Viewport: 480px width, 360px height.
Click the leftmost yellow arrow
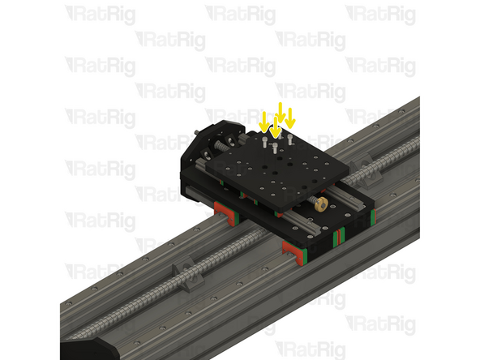coord(264,121)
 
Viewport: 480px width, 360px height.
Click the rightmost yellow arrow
coord(290,119)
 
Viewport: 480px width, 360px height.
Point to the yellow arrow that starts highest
coord(281,112)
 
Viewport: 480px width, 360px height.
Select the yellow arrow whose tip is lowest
coord(275,128)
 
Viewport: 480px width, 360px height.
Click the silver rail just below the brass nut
coord(324,219)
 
